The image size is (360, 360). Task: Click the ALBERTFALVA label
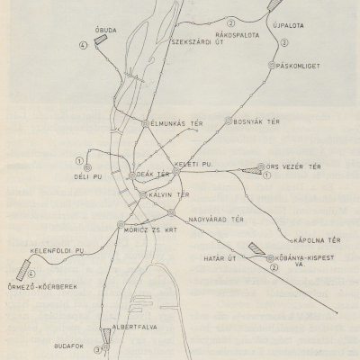pos(134,328)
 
